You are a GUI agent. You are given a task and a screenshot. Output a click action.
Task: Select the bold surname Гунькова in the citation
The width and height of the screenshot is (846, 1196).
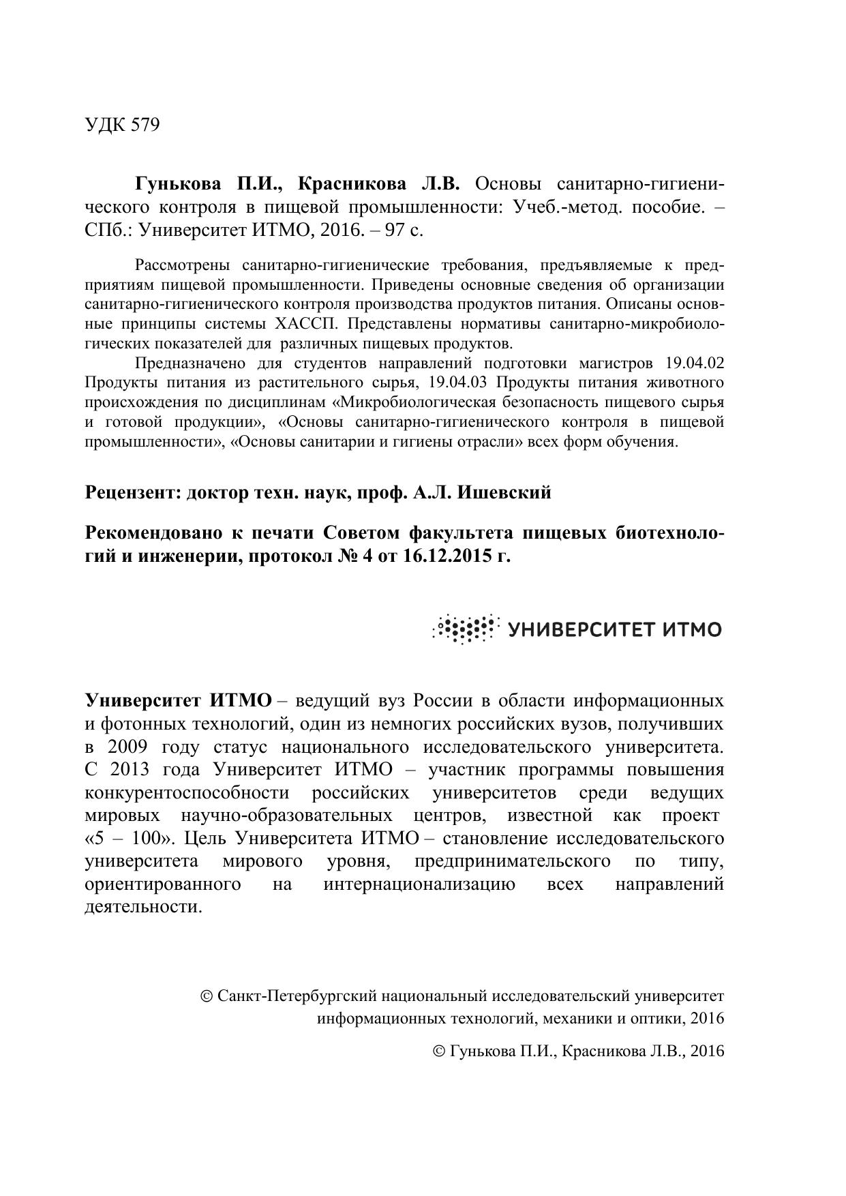pos(179,184)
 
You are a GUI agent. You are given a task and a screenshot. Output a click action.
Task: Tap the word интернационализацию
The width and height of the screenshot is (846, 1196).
pos(419,884)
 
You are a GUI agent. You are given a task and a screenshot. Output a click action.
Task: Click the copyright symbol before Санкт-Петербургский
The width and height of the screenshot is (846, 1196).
pos(207,996)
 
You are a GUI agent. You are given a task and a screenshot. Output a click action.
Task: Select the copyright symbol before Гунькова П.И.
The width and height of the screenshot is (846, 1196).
pos(440,1051)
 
